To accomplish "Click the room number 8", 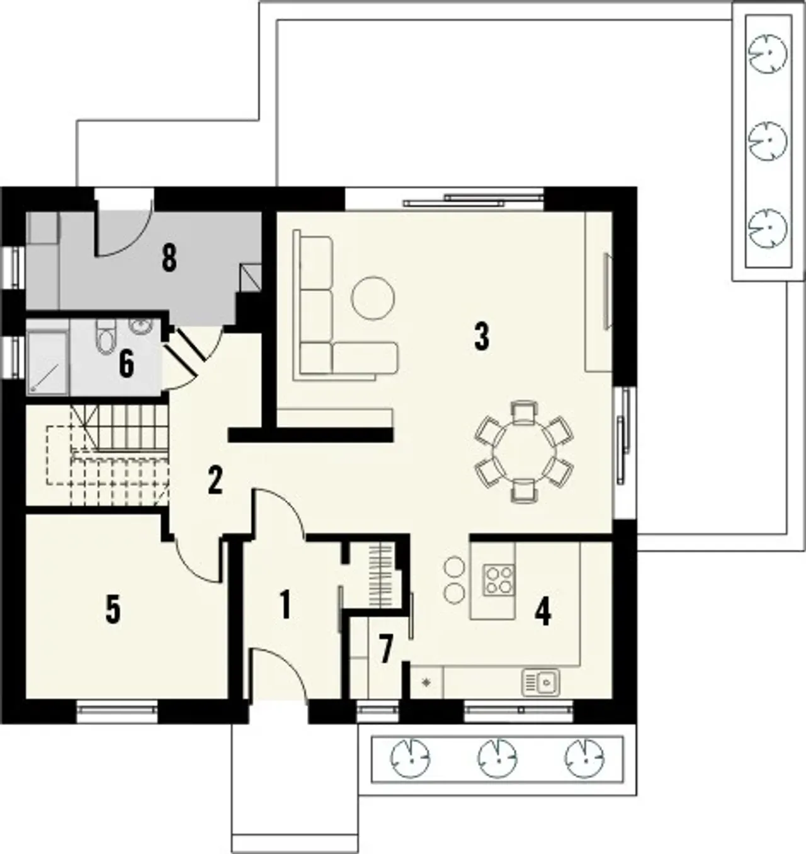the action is pyautogui.click(x=169, y=259).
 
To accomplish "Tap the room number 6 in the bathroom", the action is pyautogui.click(x=127, y=364).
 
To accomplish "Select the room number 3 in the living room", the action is pyautogui.click(x=482, y=337).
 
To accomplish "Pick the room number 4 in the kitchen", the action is pyautogui.click(x=543, y=612).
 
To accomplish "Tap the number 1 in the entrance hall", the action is pyautogui.click(x=285, y=605).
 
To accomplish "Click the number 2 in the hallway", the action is pyautogui.click(x=215, y=481).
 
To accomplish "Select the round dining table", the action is pyautogui.click(x=525, y=451).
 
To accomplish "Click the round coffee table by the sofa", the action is pyautogui.click(x=373, y=298).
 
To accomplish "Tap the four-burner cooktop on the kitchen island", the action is pyautogui.click(x=499, y=579).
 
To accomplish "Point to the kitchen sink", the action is pyautogui.click(x=541, y=683).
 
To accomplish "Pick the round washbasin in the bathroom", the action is pyautogui.click(x=140, y=328).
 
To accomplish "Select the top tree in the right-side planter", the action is pyautogui.click(x=768, y=54).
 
